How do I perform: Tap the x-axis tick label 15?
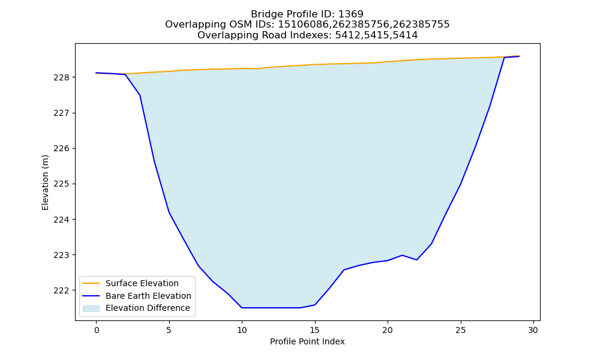315,330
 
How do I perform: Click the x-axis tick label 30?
533,330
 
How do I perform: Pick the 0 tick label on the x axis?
97,330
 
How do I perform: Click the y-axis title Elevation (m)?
45,182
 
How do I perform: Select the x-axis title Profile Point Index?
307,341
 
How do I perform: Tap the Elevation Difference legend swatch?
91,308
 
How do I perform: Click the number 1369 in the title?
351,14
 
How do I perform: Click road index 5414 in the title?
405,35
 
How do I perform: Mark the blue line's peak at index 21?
402,255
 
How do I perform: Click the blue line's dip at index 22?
417,260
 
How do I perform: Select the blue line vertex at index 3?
140,95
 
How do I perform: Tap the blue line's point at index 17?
344,270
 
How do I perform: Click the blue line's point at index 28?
505,58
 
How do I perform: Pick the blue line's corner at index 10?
242,308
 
